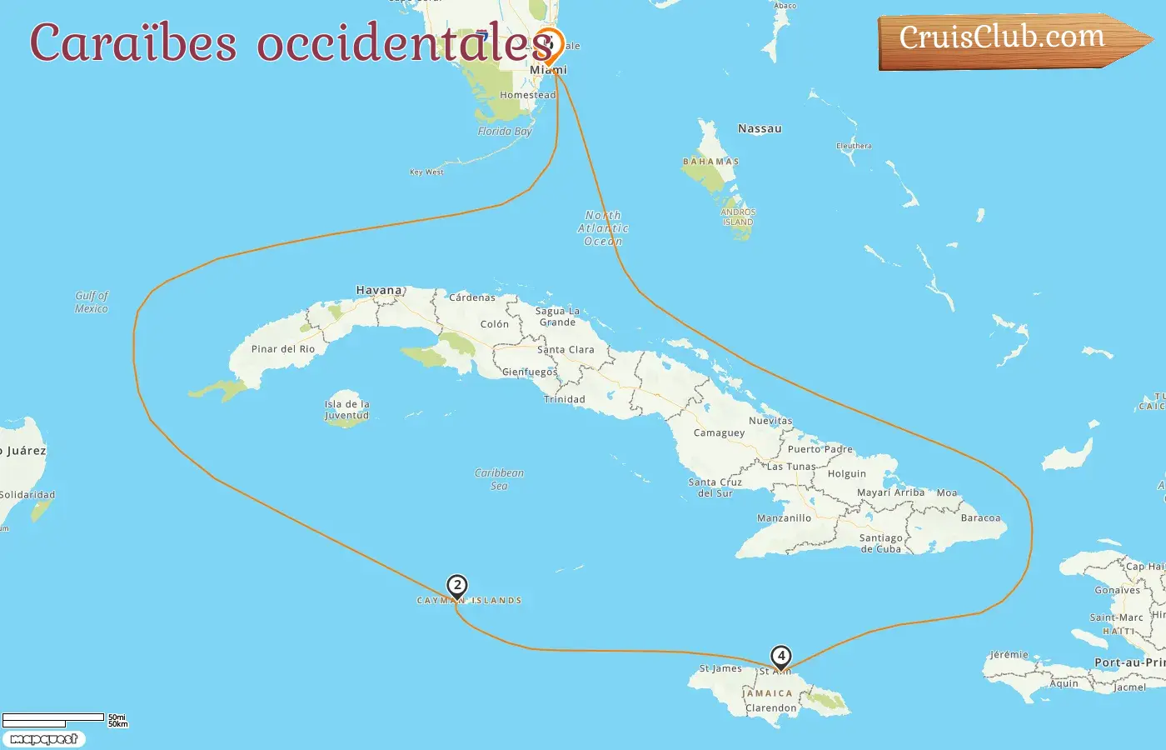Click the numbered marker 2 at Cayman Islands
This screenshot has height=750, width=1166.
pos(456,586)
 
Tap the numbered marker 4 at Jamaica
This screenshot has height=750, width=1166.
pos(780,657)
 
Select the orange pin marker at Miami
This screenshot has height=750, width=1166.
pos(549,44)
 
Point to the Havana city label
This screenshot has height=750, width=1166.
pos(379,291)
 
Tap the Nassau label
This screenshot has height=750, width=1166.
pos(760,129)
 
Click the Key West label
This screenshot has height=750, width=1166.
pos(426,172)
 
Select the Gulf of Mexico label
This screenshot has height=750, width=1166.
pos(92,302)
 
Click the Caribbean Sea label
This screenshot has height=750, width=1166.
pos(499,479)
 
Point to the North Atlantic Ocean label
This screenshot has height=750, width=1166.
pos(603,228)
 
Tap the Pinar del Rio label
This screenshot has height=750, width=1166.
pos(283,349)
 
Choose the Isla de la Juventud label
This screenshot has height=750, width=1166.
pos(346,410)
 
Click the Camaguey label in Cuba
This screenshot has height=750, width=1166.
pos(719,433)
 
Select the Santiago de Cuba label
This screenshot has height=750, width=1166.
pos(880,543)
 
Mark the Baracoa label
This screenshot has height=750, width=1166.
pos(980,518)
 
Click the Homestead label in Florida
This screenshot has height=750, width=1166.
pos(527,95)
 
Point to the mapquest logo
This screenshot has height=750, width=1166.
pos(43,739)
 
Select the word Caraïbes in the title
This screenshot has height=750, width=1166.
pos(133,42)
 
